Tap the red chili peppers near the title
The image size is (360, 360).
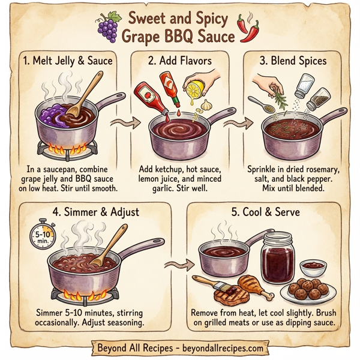pos(248,28)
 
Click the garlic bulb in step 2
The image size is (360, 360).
pos(208,104)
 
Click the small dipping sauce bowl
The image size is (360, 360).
pos(313,265)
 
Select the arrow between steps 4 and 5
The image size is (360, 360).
pos(178,263)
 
